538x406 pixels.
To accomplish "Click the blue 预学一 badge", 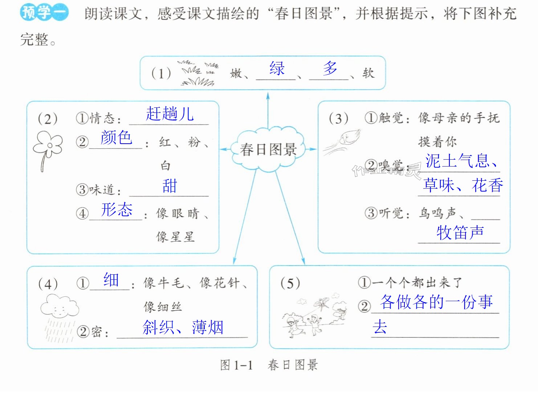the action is click(44, 12).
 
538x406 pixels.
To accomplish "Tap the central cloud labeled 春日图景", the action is click(268, 149).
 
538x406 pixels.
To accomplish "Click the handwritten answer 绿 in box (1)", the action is click(277, 68).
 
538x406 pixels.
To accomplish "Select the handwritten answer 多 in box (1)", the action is click(330, 68).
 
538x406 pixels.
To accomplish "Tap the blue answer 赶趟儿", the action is click(170, 114).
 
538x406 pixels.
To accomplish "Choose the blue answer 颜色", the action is click(116, 137).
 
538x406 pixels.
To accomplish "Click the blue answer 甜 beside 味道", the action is click(170, 186).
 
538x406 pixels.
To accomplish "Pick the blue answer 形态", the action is click(117, 210).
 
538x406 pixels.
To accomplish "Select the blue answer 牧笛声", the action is click(460, 233).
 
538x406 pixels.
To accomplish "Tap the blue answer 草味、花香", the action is click(463, 185).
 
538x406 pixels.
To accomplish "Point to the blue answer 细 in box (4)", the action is click(111, 280).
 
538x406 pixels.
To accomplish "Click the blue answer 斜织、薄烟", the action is click(183, 327).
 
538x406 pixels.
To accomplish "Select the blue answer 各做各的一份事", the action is click(436, 302).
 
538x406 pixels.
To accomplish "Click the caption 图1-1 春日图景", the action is click(269, 365).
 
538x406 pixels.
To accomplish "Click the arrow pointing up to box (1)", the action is click(268, 110).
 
